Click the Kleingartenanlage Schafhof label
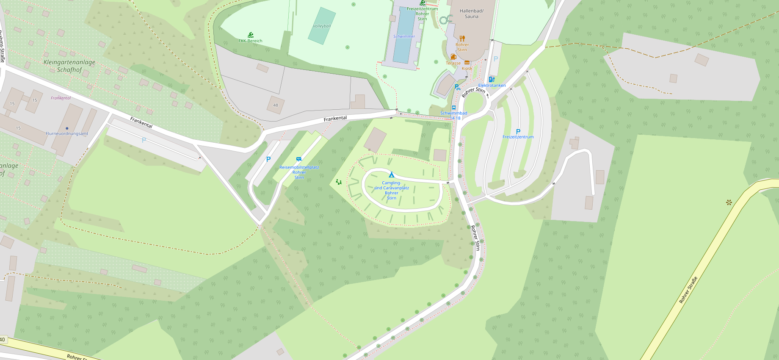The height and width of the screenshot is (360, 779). pyautogui.click(x=69, y=66)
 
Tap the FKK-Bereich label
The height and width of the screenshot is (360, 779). pyautogui.click(x=250, y=41)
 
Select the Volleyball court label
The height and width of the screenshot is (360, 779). pyautogui.click(x=322, y=26)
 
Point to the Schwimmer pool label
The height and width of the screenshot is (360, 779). pyautogui.click(x=404, y=36)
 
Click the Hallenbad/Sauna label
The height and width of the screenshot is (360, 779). pyautogui.click(x=472, y=14)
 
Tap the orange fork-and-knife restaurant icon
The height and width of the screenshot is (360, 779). pyautogui.click(x=462, y=39)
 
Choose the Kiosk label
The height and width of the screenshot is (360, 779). pyautogui.click(x=467, y=68)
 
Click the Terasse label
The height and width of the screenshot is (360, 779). pyautogui.click(x=453, y=63)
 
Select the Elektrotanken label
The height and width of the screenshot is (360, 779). pyautogui.click(x=492, y=85)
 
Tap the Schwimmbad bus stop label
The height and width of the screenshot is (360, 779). pyautogui.click(x=454, y=113)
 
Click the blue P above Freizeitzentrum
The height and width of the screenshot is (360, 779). pyautogui.click(x=518, y=132)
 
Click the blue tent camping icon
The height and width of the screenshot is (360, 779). pyautogui.click(x=392, y=174)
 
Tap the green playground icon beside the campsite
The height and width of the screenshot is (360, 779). pyautogui.click(x=339, y=182)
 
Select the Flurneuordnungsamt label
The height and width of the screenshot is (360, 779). pyautogui.click(x=67, y=133)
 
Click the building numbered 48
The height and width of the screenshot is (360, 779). pyautogui.click(x=276, y=105)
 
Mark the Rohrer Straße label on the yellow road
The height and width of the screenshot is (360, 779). pyautogui.click(x=688, y=290)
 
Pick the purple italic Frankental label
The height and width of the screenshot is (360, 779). pyautogui.click(x=61, y=98)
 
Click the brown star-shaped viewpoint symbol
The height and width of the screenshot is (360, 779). pyautogui.click(x=729, y=202)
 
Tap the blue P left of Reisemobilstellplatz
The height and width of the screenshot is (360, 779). pyautogui.click(x=268, y=160)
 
